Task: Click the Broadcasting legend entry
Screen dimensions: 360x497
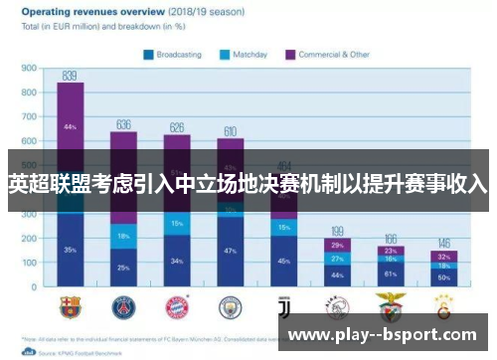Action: point(180,54)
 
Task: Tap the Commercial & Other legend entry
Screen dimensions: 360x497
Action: point(327,54)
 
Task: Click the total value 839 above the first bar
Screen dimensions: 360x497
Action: point(70,75)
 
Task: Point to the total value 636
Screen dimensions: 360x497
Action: point(124,124)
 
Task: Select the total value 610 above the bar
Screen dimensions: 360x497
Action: point(230,130)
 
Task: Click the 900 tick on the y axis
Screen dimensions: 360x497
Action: point(29,69)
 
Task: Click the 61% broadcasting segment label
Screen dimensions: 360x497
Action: point(391,273)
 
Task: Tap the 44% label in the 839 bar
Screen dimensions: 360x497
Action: point(70,127)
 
